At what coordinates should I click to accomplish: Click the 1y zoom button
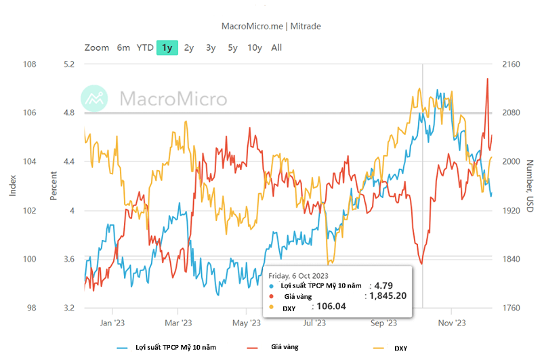click(x=167, y=47)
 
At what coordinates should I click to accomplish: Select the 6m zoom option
click(x=123, y=47)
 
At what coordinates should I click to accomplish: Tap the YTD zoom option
click(x=145, y=47)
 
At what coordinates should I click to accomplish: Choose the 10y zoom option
click(x=255, y=47)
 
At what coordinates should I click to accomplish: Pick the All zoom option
click(x=276, y=47)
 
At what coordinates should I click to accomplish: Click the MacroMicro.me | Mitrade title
click(x=271, y=26)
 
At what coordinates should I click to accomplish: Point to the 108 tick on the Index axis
click(x=30, y=64)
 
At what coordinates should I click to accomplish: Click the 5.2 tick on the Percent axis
click(x=69, y=64)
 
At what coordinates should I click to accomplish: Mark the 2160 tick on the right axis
click(x=511, y=64)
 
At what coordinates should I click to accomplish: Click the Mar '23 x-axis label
click(x=178, y=323)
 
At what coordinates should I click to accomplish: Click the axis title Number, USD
click(x=530, y=186)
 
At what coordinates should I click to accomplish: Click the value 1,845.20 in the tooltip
click(x=388, y=296)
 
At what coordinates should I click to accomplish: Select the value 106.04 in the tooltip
click(x=331, y=306)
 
